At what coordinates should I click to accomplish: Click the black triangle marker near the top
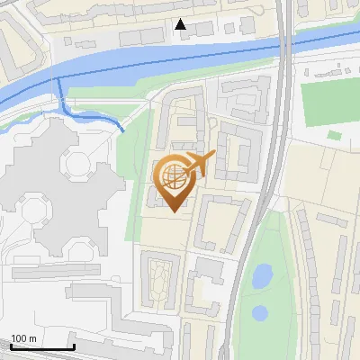(x=181, y=24)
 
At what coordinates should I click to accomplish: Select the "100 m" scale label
(x=23, y=337)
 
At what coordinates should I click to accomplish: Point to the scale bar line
(x=41, y=346)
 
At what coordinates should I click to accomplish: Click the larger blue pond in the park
(x=262, y=275)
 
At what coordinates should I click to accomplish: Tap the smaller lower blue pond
(x=260, y=313)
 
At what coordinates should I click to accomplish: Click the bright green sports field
(x=329, y=104)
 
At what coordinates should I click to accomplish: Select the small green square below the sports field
(x=334, y=135)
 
